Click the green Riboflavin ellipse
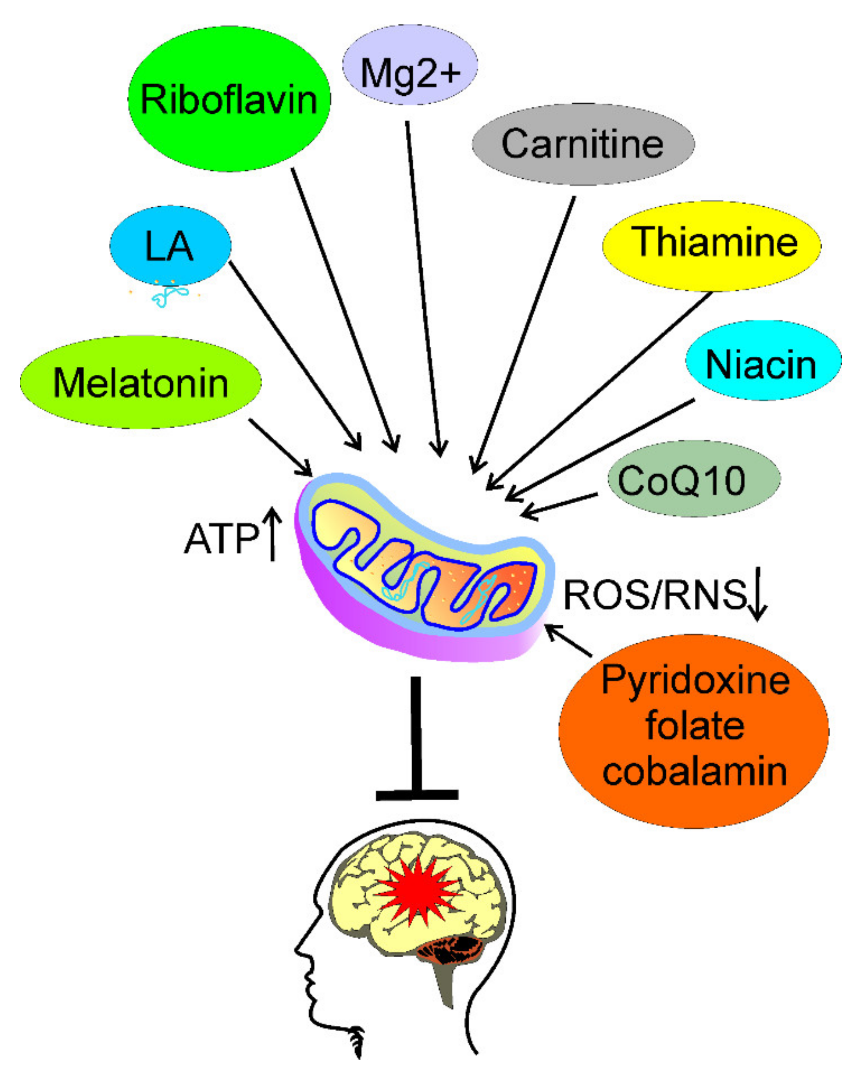pyautogui.click(x=229, y=99)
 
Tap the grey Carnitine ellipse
pyautogui.click(x=583, y=144)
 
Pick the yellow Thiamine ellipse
pyautogui.click(x=711, y=246)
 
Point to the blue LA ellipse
pyautogui.click(x=170, y=245)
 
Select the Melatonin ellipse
pyautogui.click(x=140, y=382)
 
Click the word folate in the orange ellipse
pyautogui.click(x=694, y=726)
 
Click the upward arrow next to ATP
pyautogui.click(x=273, y=534)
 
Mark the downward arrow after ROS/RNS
pyautogui.click(x=758, y=594)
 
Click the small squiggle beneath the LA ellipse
pyautogui.click(x=169, y=296)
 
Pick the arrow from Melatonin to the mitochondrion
pyautogui.click(x=280, y=447)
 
